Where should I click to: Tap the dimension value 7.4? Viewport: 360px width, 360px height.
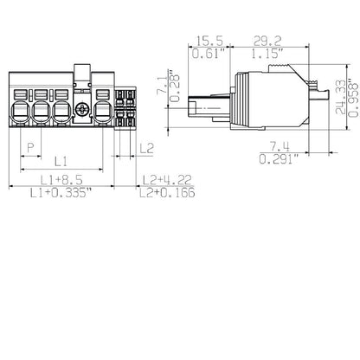click(x=278, y=146)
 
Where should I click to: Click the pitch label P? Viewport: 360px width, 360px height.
click(x=32, y=148)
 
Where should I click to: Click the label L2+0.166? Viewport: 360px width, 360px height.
click(x=166, y=194)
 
